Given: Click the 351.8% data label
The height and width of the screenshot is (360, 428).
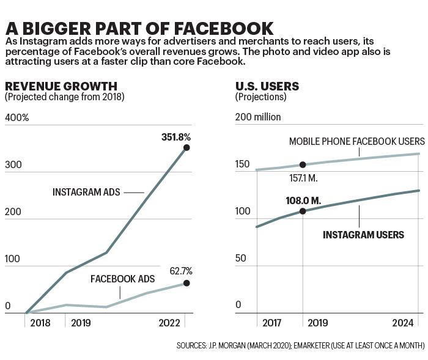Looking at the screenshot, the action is [176, 137].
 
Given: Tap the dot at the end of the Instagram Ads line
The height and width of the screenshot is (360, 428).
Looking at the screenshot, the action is [186, 148].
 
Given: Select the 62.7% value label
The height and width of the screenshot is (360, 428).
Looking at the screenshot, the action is [181, 271].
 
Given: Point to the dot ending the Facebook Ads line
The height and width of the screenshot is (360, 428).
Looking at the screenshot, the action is [186, 283].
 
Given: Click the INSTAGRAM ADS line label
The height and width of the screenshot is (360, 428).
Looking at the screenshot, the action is [86, 192].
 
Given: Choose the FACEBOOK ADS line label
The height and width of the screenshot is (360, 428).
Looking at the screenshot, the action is [122, 279].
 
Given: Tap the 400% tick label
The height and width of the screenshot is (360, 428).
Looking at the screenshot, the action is [17, 117].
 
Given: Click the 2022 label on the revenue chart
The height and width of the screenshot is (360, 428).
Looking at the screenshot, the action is [169, 323].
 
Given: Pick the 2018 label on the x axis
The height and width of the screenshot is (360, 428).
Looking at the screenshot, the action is [40, 323].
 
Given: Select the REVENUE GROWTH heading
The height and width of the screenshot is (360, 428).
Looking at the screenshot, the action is [61, 86].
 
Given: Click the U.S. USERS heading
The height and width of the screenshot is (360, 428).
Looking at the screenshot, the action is [267, 86].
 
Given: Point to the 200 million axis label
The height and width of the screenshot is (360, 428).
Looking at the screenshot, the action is [258, 117].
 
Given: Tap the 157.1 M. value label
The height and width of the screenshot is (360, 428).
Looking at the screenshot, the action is [303, 178].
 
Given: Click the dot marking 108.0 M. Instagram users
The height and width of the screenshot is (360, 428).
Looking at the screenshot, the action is [303, 211].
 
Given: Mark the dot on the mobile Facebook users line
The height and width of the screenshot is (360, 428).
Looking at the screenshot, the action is [303, 164].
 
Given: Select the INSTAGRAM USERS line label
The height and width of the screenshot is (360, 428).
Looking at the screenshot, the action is [363, 235].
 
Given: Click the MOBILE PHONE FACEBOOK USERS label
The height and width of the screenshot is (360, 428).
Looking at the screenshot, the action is [357, 141].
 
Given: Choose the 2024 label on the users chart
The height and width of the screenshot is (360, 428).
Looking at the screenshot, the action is [403, 323].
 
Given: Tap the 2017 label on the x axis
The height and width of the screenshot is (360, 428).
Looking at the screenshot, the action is [271, 323].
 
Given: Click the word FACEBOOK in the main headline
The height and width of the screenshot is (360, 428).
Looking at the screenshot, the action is [224, 29].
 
